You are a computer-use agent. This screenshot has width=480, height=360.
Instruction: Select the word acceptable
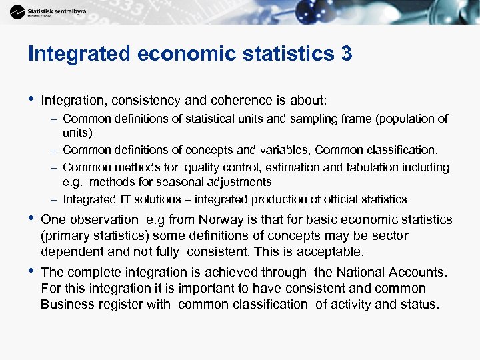[330, 252]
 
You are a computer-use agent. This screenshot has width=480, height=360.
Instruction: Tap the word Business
[65, 305]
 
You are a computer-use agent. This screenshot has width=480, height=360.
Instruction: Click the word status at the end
[420, 305]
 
